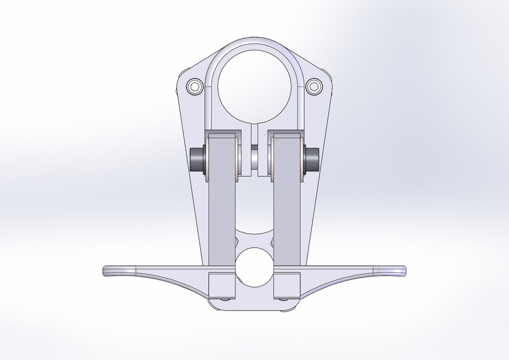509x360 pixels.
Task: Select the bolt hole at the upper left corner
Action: [x=195, y=87]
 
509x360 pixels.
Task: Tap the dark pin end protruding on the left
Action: [x=197, y=160]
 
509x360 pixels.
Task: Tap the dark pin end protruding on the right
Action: [x=312, y=160]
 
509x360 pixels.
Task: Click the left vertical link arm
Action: [x=222, y=208]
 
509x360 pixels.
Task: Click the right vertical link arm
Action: [x=287, y=208]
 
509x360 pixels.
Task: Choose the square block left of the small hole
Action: [x=222, y=285]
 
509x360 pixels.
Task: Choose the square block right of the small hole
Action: [x=287, y=285]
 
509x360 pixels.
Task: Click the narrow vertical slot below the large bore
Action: [x=254, y=135]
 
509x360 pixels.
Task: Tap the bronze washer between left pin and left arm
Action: [x=208, y=160]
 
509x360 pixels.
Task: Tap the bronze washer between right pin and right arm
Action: [x=303, y=160]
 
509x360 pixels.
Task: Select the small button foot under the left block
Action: [x=226, y=299]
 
